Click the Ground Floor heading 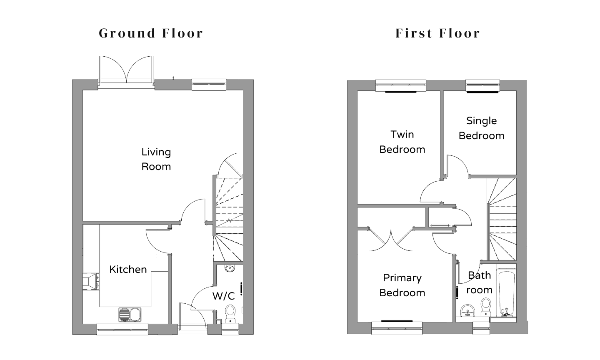click(151, 33)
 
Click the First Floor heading click(437, 33)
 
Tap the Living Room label click(156, 159)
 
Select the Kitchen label click(128, 270)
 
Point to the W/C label click(224, 296)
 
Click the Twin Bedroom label click(402, 142)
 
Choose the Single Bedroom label click(481, 128)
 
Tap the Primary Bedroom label click(402, 285)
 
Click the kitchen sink click(130, 315)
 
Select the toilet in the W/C click(230, 314)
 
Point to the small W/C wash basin click(230, 268)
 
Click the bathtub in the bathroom click(506, 294)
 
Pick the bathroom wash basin click(467, 311)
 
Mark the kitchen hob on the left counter click(90, 281)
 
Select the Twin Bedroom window click(401, 86)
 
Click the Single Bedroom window click(482, 86)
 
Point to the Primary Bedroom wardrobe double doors click(391, 240)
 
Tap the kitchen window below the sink click(122, 329)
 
